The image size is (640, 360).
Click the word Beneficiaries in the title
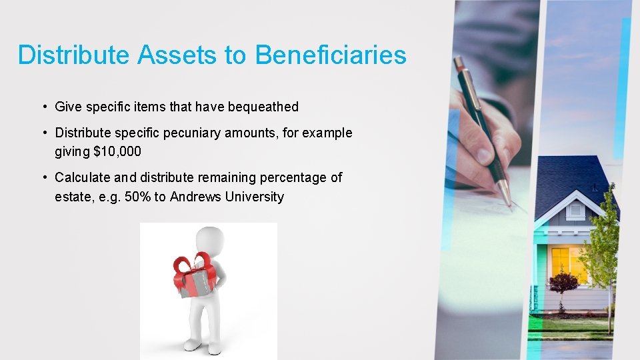pos(330,55)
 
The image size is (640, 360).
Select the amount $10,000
pos(117,151)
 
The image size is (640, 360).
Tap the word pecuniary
pos(225,133)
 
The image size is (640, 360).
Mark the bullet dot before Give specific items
pos(43,107)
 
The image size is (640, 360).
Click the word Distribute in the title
pos(75,55)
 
